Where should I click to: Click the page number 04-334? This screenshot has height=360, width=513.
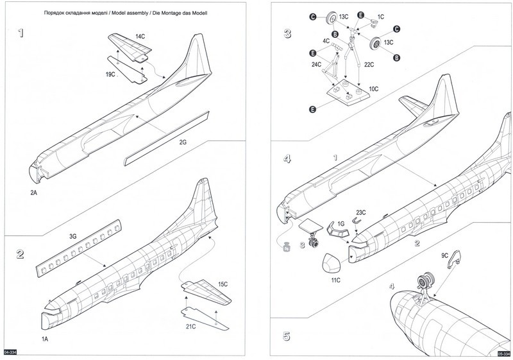click(x=10, y=352)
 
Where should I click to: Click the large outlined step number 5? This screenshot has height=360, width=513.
click(x=287, y=335)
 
